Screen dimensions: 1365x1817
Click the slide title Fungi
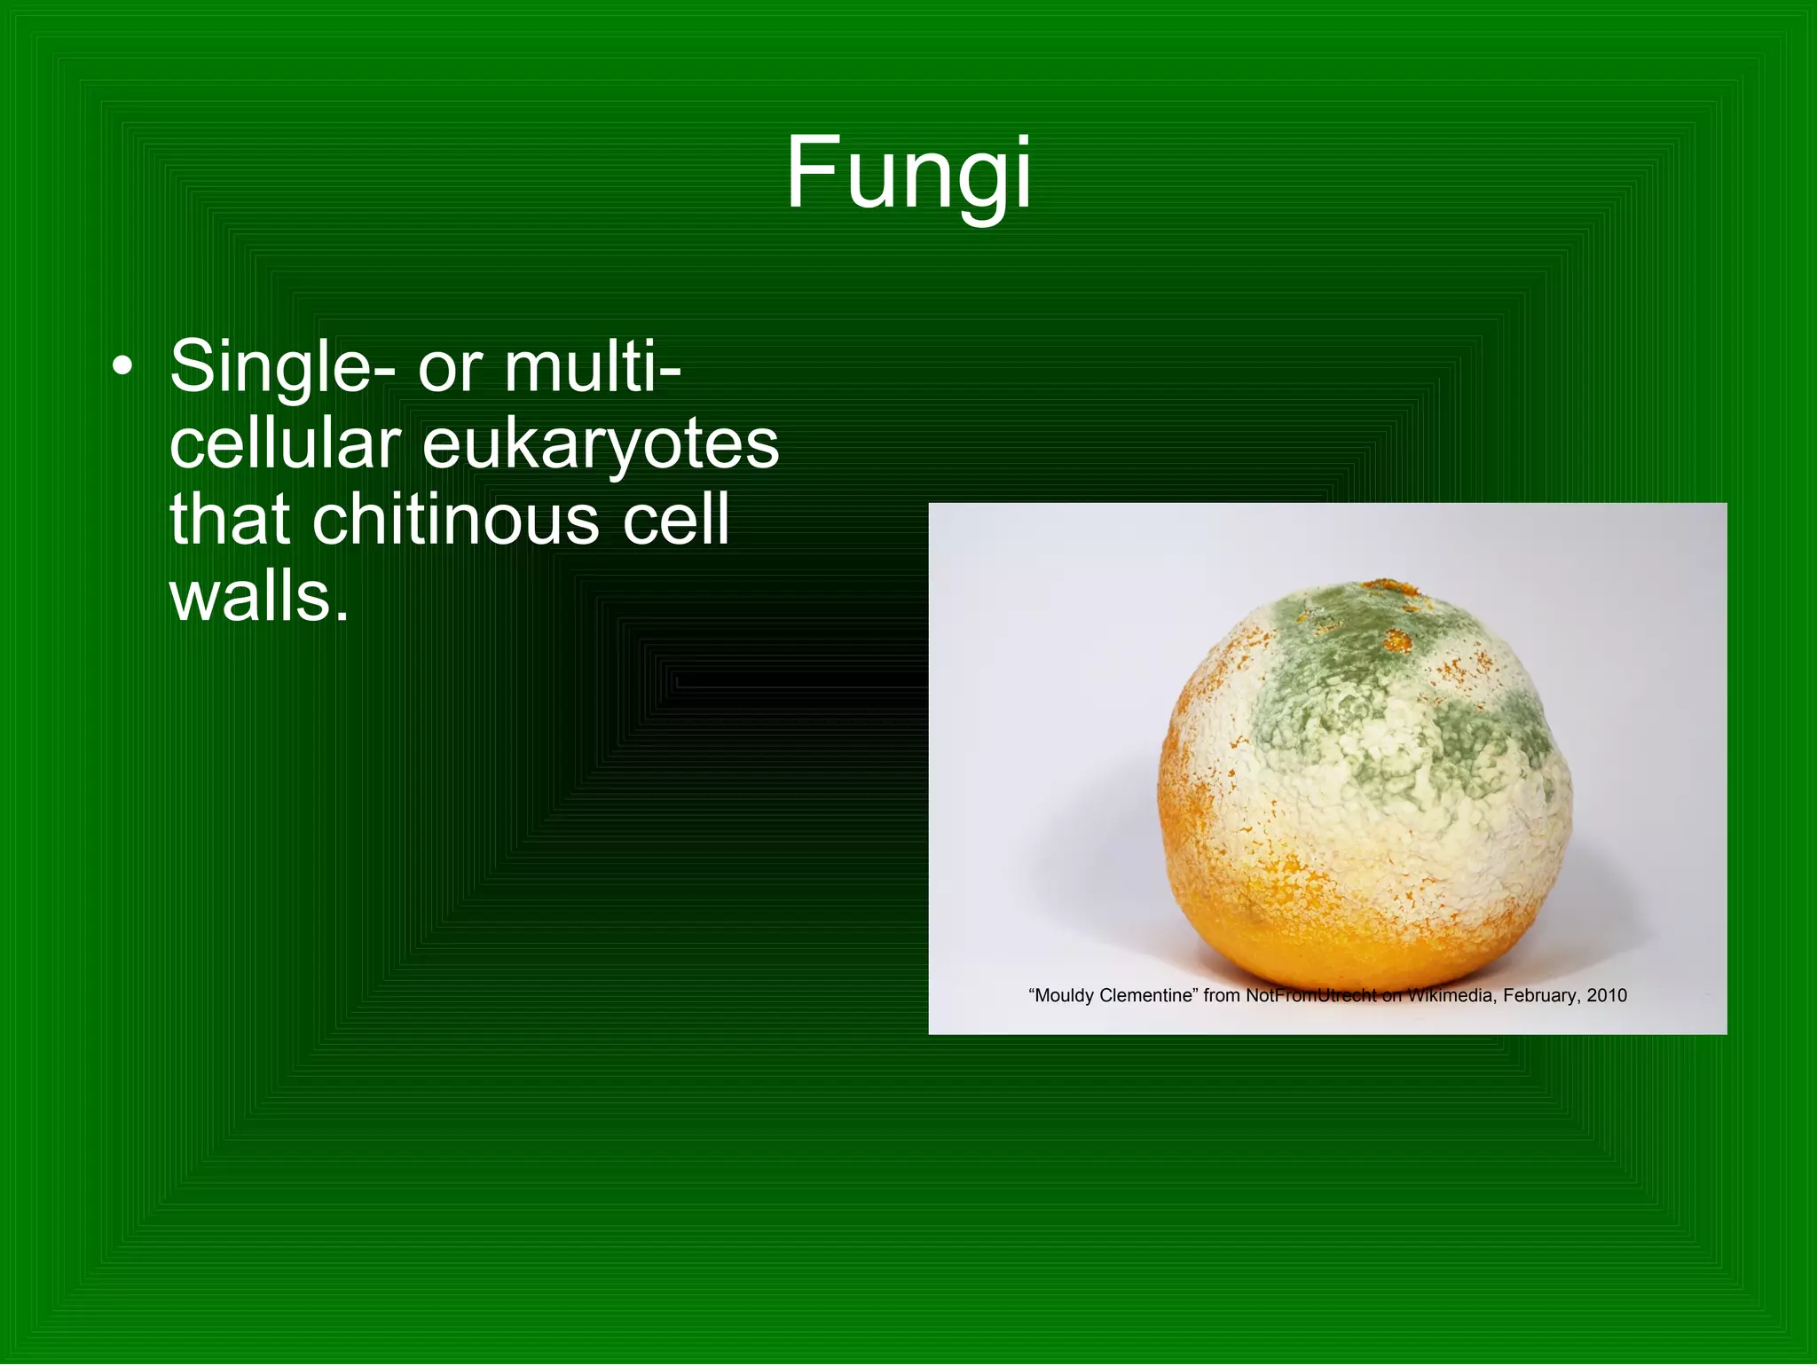click(908, 174)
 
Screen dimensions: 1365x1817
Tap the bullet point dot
click(123, 366)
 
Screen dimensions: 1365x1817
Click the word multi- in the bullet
click(593, 366)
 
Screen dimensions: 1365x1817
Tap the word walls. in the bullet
click(259, 596)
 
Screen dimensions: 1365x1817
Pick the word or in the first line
click(450, 368)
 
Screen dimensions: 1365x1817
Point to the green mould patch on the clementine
click(1366, 674)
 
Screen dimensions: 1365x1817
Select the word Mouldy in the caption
click(1064, 995)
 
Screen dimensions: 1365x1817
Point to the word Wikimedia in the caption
click(1451, 995)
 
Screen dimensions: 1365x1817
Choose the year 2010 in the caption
click(1607, 995)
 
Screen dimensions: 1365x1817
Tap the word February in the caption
click(1540, 995)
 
